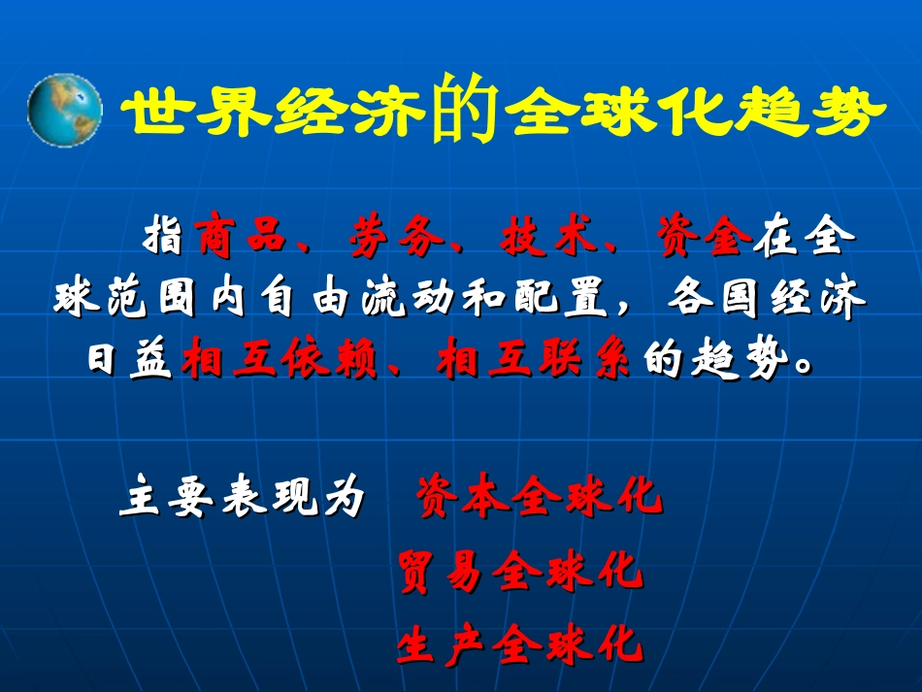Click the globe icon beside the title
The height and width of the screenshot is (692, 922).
(64, 111)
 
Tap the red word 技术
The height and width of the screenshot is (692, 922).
(548, 237)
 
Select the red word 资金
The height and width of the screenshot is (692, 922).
(703, 237)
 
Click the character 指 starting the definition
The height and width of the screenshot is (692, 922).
(163, 237)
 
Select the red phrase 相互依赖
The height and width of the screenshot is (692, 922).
(279, 362)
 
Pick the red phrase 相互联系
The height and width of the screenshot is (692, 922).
(535, 362)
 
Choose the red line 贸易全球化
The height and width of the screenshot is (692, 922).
(520, 573)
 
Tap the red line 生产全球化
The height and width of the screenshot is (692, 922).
(520, 644)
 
